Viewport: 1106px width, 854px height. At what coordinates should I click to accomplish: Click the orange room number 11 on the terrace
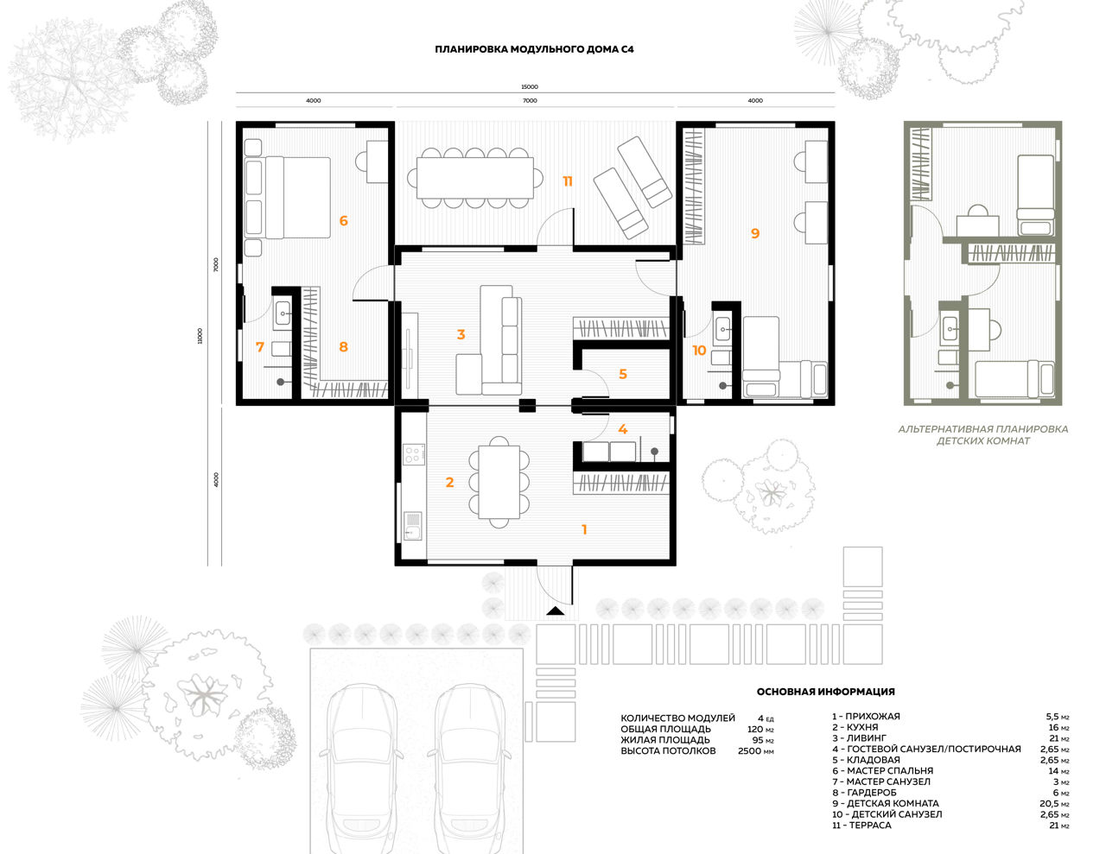click(567, 181)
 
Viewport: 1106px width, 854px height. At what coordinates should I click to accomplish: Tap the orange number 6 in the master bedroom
click(344, 221)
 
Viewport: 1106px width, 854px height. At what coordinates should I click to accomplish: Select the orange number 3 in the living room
click(461, 334)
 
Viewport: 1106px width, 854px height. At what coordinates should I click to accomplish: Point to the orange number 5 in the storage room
click(622, 374)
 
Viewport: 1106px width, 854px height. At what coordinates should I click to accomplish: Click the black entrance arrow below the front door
click(556, 610)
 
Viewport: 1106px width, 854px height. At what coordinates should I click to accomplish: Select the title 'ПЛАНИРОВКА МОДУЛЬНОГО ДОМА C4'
click(534, 49)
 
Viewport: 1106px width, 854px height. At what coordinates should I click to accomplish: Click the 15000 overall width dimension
click(530, 87)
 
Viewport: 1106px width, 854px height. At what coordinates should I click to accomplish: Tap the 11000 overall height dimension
click(200, 336)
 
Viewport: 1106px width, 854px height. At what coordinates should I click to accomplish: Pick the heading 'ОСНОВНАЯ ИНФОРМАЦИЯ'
click(825, 692)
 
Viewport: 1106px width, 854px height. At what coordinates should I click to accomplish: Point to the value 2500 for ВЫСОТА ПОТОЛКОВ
click(749, 750)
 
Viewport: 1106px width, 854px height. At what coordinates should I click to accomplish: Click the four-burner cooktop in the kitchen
click(412, 455)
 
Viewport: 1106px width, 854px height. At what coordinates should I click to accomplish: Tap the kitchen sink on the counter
click(413, 526)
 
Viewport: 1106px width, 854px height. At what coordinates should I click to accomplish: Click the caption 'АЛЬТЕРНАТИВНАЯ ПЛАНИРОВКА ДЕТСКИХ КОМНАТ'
click(982, 435)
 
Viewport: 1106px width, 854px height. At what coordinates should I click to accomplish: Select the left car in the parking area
click(361, 767)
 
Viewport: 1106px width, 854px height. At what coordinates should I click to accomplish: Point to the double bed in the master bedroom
click(288, 198)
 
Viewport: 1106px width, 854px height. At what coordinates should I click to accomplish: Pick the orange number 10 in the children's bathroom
click(699, 350)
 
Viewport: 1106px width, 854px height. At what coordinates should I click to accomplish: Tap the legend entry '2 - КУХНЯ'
click(855, 727)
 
